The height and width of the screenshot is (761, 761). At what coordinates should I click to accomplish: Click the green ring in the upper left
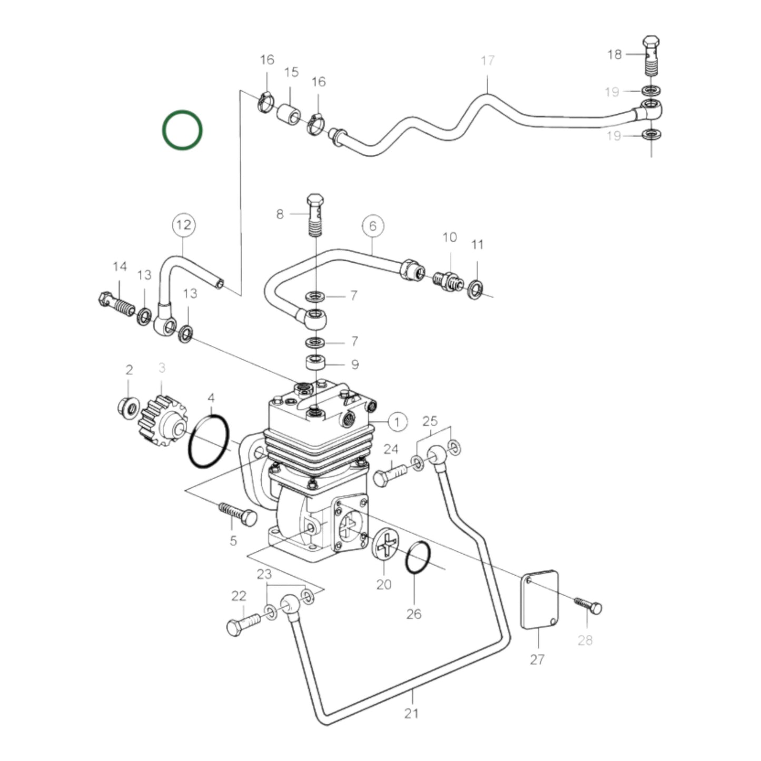tap(182, 130)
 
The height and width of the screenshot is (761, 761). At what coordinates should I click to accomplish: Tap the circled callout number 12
tap(183, 225)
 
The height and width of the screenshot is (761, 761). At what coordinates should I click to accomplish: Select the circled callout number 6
tap(373, 226)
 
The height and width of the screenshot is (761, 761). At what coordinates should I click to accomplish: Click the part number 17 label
tap(488, 61)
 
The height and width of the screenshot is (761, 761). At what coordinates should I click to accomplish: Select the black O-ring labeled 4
tap(208, 441)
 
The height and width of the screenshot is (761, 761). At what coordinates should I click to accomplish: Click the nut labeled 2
tap(128, 407)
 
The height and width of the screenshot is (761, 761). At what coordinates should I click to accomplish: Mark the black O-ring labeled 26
tap(419, 558)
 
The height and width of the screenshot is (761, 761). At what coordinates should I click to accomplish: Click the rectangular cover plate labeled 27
tap(539, 600)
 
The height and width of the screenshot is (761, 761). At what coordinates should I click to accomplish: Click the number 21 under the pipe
tap(411, 713)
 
